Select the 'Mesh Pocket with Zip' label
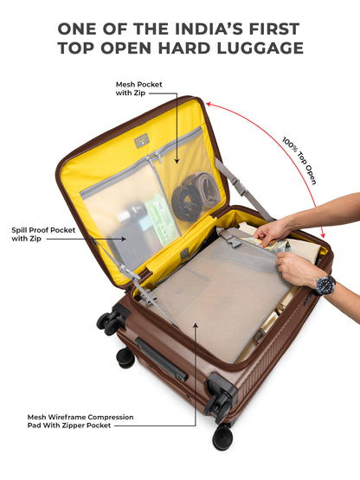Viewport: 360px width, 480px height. click(x=138, y=88)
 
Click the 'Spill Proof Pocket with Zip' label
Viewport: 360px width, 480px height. click(x=43, y=234)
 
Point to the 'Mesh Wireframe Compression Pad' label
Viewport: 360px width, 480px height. click(x=80, y=421)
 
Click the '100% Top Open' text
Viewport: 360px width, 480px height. click(x=299, y=161)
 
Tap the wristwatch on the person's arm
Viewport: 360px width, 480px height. click(x=325, y=285)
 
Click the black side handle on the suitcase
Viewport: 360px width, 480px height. click(x=162, y=358)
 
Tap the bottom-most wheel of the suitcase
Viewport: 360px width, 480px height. click(x=222, y=436)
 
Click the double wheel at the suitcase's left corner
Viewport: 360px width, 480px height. click(x=111, y=320)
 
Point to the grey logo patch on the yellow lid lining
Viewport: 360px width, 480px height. click(x=141, y=141)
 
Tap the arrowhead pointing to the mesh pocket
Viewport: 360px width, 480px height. click(x=177, y=161)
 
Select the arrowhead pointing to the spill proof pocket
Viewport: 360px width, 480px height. click(x=123, y=239)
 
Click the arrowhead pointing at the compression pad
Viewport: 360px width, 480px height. click(x=196, y=325)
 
